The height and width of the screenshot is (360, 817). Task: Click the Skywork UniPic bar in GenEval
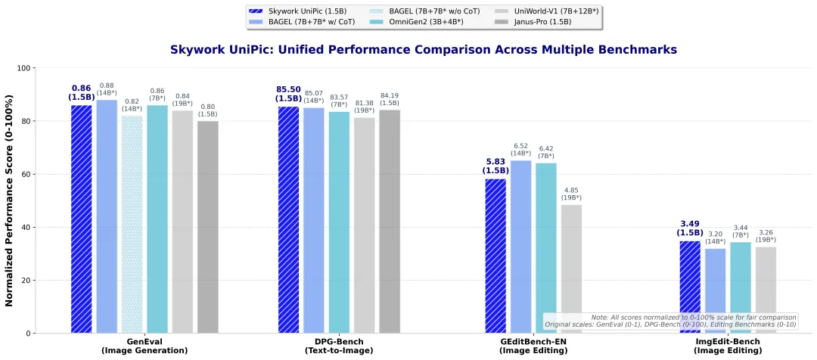click(x=82, y=219)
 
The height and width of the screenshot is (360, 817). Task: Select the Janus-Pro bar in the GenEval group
click(x=207, y=227)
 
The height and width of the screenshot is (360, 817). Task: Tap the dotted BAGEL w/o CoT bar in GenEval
click(x=132, y=224)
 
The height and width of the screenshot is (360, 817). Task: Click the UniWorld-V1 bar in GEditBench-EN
click(x=571, y=268)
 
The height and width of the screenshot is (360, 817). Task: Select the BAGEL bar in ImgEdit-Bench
click(x=715, y=290)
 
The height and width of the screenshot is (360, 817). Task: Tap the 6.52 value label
click(x=520, y=146)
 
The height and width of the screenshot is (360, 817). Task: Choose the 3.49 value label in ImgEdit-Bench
click(x=689, y=224)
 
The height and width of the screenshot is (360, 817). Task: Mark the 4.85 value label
click(x=571, y=190)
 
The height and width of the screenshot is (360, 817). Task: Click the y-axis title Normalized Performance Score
click(x=10, y=200)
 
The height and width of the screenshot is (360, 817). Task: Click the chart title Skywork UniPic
click(x=423, y=50)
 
